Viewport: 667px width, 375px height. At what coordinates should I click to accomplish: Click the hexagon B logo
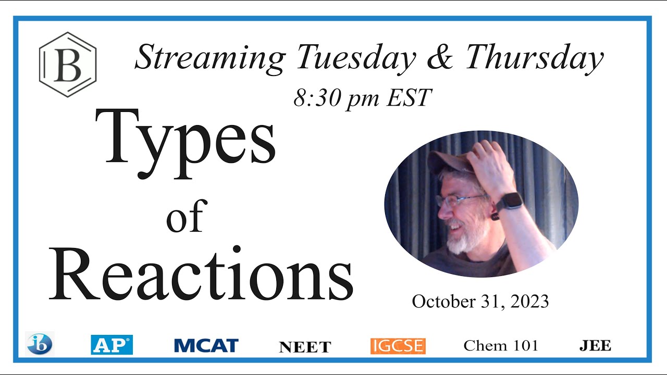click(68, 64)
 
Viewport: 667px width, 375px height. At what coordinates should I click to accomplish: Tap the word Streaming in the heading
click(209, 58)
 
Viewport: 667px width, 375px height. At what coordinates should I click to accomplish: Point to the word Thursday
click(535, 59)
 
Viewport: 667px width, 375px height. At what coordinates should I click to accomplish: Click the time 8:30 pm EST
click(363, 97)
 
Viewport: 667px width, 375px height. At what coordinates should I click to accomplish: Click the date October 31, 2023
click(480, 301)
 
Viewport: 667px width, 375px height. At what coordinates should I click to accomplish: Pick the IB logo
click(40, 344)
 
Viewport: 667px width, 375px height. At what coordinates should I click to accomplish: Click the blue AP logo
click(112, 345)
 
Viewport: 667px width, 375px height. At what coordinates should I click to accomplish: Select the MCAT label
click(206, 345)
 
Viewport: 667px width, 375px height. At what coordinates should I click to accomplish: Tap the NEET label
click(305, 347)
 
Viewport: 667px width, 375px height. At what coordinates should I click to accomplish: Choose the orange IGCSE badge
click(398, 346)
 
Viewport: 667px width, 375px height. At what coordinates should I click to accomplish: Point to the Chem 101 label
click(500, 345)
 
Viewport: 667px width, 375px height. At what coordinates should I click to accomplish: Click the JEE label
click(595, 345)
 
